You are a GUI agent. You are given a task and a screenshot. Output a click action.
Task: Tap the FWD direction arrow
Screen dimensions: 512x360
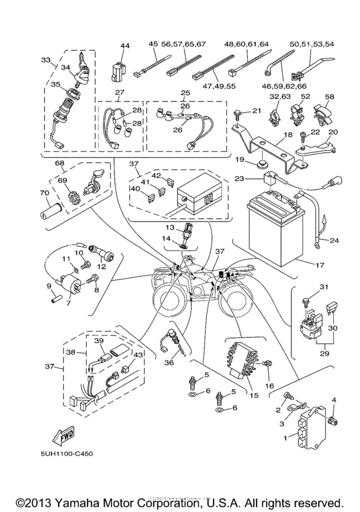pos(66,437)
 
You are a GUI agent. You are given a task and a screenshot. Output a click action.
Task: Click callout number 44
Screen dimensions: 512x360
pos(124,46)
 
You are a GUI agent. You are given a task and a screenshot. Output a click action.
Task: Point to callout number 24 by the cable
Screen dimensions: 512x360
pos(334,242)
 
